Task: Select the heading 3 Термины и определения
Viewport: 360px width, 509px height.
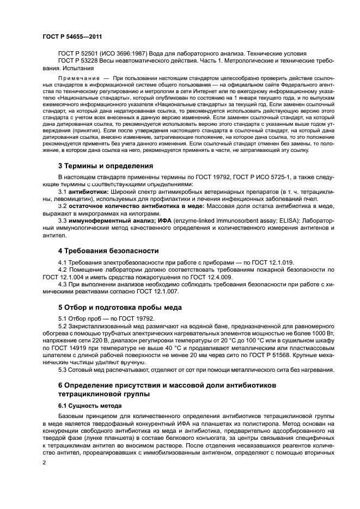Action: click(x=105, y=165)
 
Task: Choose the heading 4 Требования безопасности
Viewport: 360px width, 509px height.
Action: click(x=108, y=250)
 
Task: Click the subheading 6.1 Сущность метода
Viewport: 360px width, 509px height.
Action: click(x=91, y=406)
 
